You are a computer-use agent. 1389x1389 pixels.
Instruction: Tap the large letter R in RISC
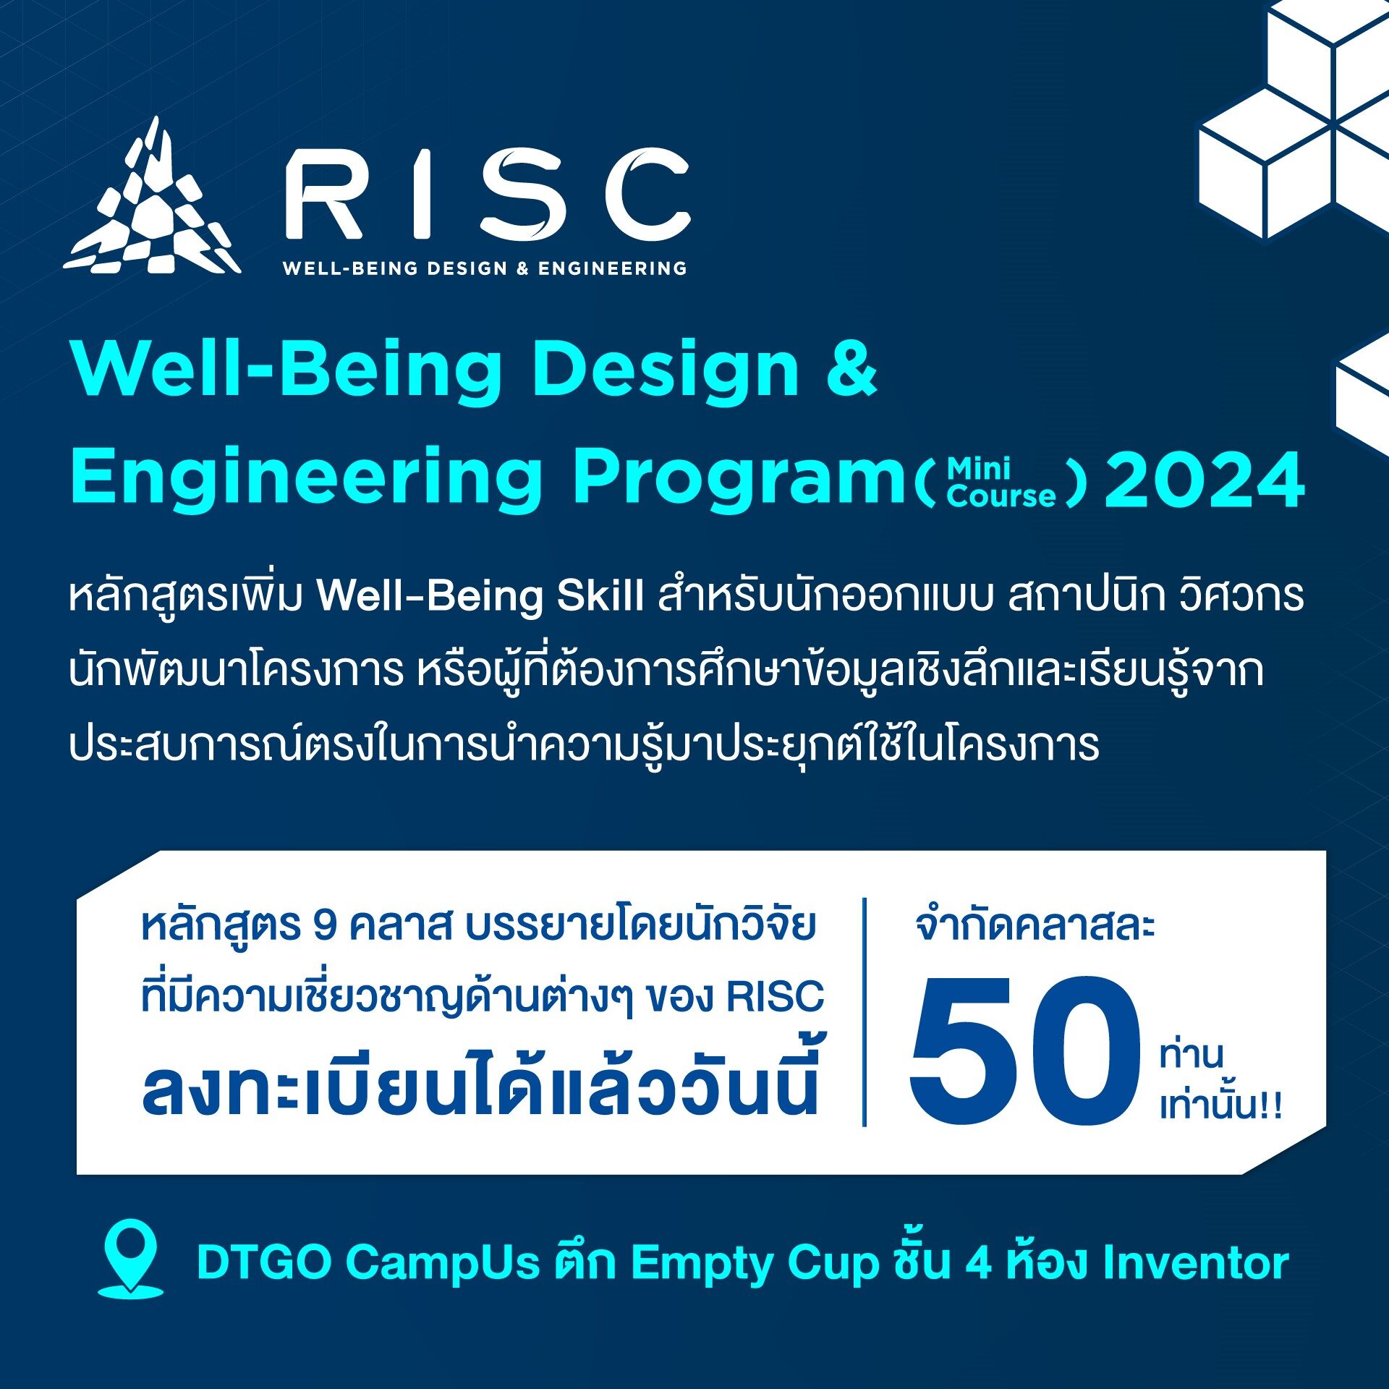(323, 194)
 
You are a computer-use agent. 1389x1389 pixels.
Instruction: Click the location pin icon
(130, 1259)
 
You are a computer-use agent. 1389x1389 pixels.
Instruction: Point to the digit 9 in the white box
(325, 925)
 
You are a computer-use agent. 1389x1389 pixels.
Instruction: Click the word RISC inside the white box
(775, 996)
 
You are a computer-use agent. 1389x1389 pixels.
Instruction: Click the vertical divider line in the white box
(865, 1013)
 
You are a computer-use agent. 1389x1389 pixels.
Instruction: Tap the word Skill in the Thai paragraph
(600, 596)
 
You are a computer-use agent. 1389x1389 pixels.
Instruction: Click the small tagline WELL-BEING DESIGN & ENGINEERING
(485, 268)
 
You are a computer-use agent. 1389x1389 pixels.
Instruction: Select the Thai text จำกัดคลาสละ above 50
(1035, 925)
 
